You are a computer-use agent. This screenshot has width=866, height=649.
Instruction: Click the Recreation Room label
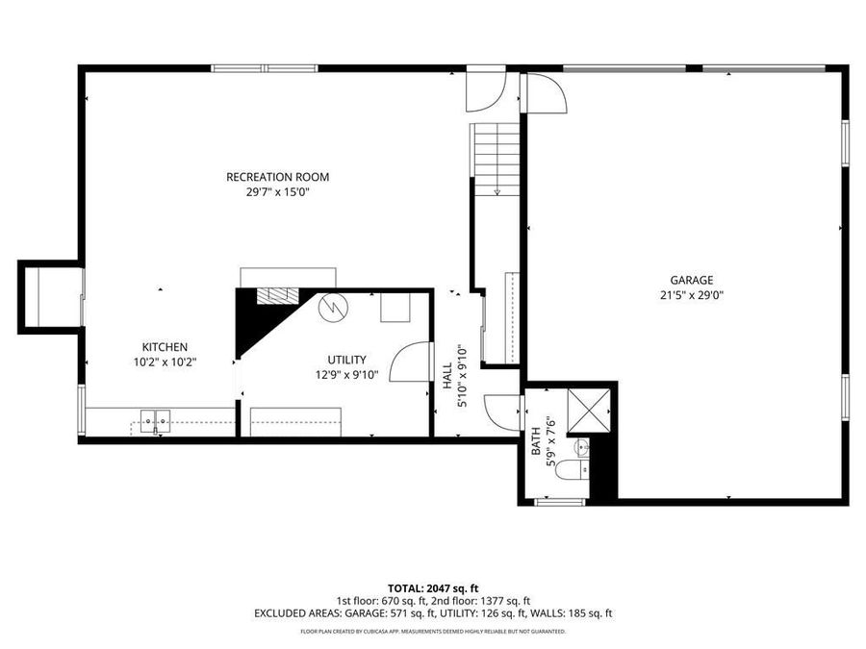(x=277, y=177)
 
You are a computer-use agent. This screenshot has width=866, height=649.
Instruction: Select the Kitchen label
(x=165, y=347)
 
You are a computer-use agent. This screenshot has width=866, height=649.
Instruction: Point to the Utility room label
(x=346, y=360)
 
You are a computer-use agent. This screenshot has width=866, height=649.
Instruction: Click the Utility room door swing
(x=408, y=362)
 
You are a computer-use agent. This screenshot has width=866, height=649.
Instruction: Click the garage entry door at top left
(x=544, y=92)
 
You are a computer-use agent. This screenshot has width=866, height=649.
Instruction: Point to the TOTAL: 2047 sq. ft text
(x=433, y=587)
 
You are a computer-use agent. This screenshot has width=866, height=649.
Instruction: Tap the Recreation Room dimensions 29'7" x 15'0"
(x=277, y=192)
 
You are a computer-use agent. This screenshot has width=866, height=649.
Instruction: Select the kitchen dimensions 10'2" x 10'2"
(x=165, y=362)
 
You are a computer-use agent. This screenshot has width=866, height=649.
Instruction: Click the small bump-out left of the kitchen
(x=50, y=296)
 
